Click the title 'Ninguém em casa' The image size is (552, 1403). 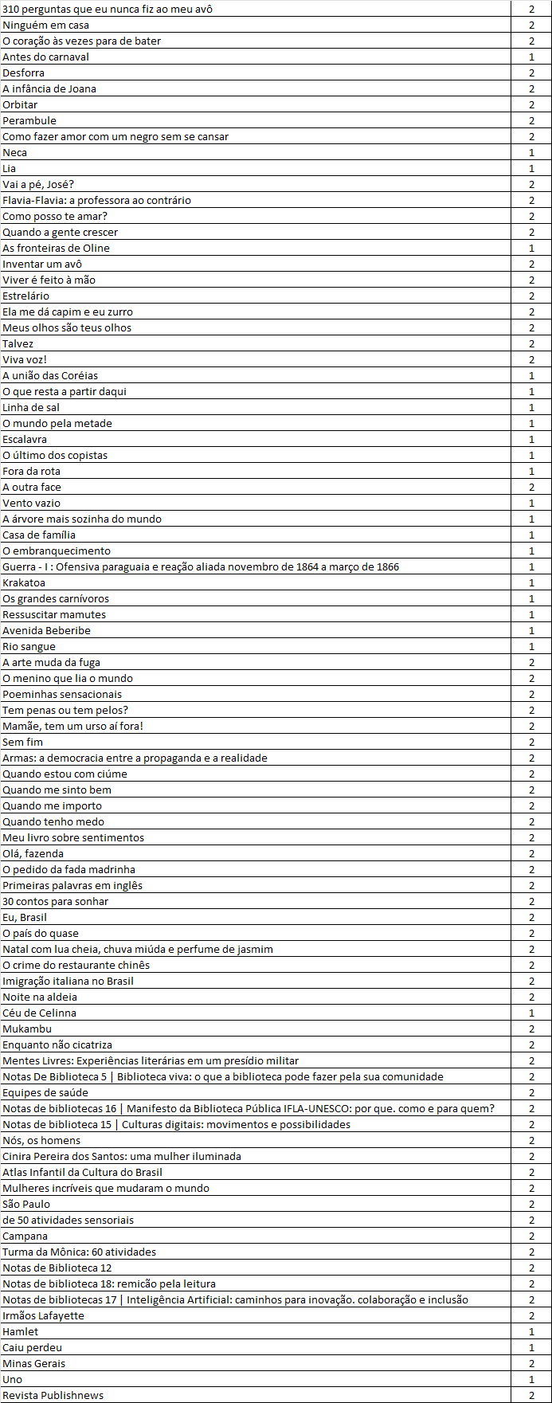point(45,25)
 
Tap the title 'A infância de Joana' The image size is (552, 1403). point(49,88)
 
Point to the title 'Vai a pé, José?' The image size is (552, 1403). point(38,184)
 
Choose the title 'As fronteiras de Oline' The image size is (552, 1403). point(56,248)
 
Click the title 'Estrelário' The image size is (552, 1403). point(25,296)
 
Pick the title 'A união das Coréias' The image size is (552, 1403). point(50,375)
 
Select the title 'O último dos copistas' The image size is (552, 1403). point(55,455)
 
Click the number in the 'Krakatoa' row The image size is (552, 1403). point(531,582)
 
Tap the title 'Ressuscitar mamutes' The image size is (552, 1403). point(54,614)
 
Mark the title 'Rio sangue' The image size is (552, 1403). point(29,646)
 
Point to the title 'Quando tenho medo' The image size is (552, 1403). point(53,821)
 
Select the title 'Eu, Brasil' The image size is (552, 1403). point(25,917)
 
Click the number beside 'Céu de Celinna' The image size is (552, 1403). point(531,1013)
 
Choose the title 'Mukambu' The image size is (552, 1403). point(27,1029)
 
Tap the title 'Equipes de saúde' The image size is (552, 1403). point(45,1092)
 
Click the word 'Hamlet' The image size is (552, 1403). point(20,1331)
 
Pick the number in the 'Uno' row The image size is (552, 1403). point(531,1379)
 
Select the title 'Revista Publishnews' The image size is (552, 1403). point(53,1395)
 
